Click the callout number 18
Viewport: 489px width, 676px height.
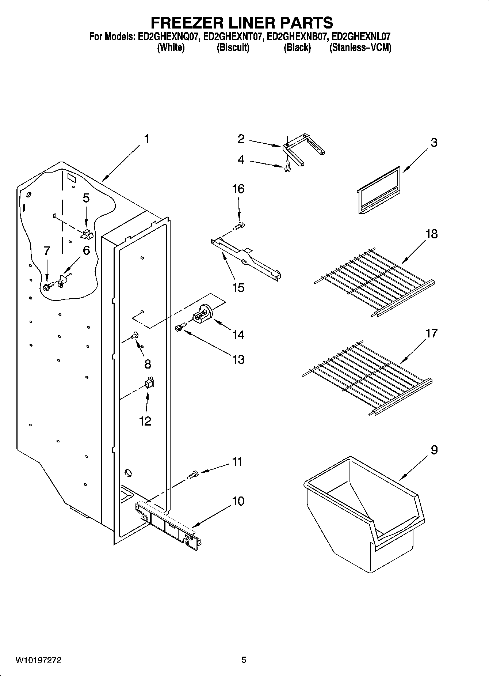[431, 234]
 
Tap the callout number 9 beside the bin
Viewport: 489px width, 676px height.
[434, 450]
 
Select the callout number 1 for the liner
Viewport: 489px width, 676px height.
[146, 139]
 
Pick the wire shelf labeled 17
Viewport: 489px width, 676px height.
[367, 380]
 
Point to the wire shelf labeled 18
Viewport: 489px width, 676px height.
[374, 282]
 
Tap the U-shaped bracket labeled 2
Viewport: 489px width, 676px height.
[303, 150]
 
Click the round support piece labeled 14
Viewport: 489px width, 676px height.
[203, 315]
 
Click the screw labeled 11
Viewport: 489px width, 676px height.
[192, 475]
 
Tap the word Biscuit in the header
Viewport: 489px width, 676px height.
[233, 48]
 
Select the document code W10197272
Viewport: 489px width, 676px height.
[38, 660]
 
